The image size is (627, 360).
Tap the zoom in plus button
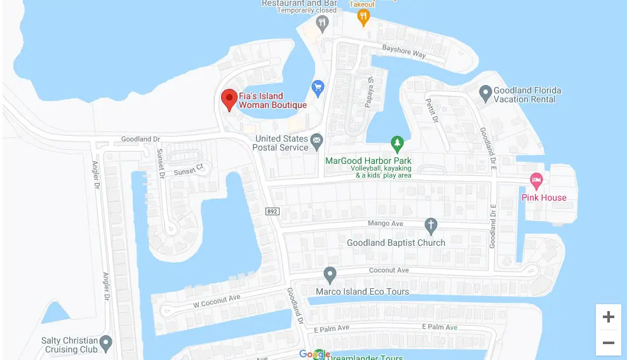(x=608, y=317)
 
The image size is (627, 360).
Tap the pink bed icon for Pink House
(x=536, y=181)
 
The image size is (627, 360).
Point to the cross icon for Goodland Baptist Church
(x=431, y=225)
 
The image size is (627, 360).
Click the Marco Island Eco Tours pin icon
(x=330, y=275)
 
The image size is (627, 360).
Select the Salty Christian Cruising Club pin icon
(x=106, y=343)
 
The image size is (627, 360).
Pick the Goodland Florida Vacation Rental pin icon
(x=485, y=93)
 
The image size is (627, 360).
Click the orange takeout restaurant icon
(x=363, y=17)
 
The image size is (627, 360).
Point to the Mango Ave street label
(x=386, y=223)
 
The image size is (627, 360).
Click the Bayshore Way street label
(x=404, y=51)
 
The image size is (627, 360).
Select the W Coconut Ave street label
(x=217, y=302)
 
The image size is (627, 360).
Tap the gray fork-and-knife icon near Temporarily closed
(x=323, y=24)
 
